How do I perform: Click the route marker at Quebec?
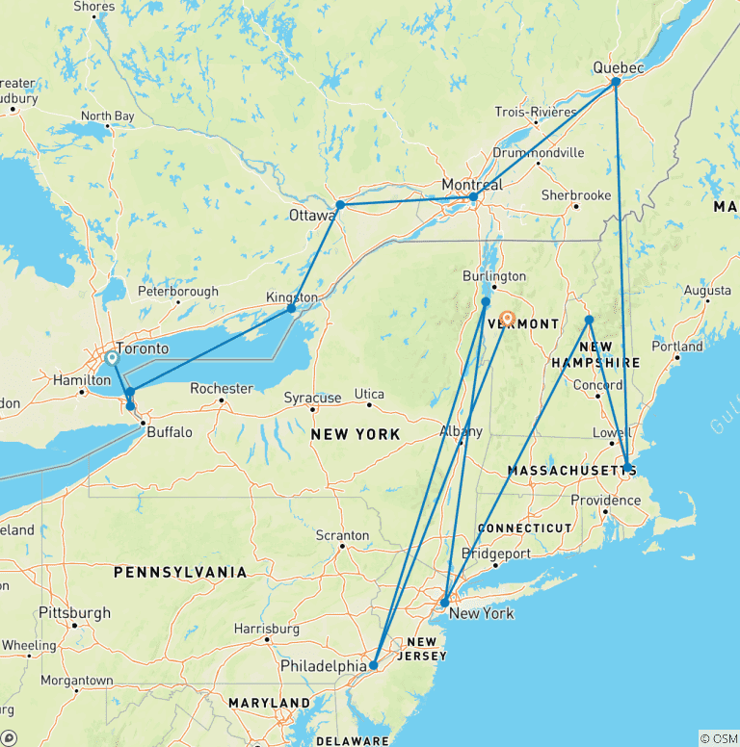[x=616, y=82]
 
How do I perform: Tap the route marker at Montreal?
[x=473, y=196]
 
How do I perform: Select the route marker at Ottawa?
[x=340, y=204]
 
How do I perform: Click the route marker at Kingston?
[x=291, y=308]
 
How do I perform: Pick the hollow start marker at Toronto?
[x=112, y=357]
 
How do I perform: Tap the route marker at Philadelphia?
[x=373, y=665]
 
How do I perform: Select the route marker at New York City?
[x=443, y=603]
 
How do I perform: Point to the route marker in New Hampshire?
[x=589, y=320]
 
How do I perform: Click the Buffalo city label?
[x=171, y=432]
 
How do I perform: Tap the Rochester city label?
[x=222, y=389]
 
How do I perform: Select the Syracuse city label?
[x=313, y=398]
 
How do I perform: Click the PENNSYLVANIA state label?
[x=180, y=572]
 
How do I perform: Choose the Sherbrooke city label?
[x=576, y=194]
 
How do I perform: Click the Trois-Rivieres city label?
[x=536, y=112]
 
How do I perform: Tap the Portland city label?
[x=676, y=347]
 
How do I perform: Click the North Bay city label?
[x=107, y=116]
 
